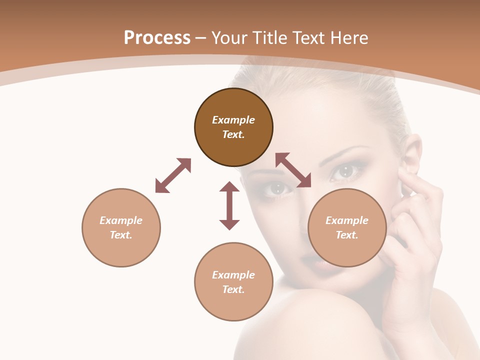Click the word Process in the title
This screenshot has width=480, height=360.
pyautogui.click(x=157, y=38)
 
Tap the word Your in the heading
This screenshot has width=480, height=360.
pyautogui.click(x=228, y=38)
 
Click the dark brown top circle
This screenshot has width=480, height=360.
pyautogui.click(x=233, y=127)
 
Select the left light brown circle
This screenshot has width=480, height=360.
pyautogui.click(x=121, y=227)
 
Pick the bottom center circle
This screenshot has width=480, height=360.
pyautogui.click(x=233, y=281)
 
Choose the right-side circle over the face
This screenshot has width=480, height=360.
pyautogui.click(x=347, y=227)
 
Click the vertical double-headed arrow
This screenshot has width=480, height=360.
pyautogui.click(x=229, y=205)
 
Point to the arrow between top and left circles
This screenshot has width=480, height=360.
pyautogui.click(x=173, y=175)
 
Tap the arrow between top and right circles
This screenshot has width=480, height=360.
pyautogui.click(x=293, y=170)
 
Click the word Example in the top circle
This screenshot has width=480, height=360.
pyautogui.click(x=233, y=120)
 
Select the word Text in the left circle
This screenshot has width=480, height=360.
pyautogui.click(x=121, y=235)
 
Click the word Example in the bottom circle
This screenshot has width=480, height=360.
pyautogui.click(x=233, y=275)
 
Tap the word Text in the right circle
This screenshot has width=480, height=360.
pyautogui.click(x=347, y=235)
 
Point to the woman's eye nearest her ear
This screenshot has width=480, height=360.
pyautogui.click(x=346, y=171)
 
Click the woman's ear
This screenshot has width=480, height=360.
pyautogui.click(x=411, y=160)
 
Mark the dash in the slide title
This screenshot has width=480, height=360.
pyautogui.click(x=200, y=38)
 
